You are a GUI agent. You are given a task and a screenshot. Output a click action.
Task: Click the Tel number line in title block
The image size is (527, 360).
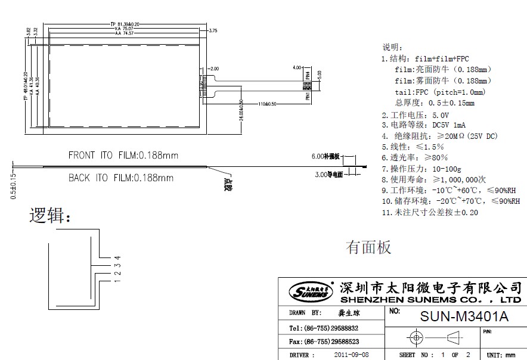pyautogui.click(x=324, y=328)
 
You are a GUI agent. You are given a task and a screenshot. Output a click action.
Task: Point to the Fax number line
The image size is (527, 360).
pyautogui.click(x=324, y=342)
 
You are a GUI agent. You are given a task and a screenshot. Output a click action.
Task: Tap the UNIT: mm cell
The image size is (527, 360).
pyautogui.click(x=505, y=355)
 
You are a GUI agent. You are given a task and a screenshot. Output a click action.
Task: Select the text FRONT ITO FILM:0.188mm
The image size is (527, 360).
pyautogui.click(x=123, y=156)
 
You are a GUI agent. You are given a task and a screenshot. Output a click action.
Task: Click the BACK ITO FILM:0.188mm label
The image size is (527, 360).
pyautogui.click(x=120, y=178)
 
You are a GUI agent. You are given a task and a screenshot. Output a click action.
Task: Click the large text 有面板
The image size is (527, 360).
pyautogui.click(x=368, y=247)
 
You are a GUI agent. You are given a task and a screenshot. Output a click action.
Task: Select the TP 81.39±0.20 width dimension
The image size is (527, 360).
pyautogui.click(x=125, y=24)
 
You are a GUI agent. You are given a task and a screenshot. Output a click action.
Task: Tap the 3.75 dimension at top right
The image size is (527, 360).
pyautogui.click(x=213, y=30)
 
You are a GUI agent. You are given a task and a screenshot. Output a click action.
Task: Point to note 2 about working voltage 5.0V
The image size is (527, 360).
pyautogui.click(x=416, y=114)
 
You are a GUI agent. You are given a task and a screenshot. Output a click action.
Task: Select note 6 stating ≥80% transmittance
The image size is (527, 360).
pyautogui.click(x=414, y=157)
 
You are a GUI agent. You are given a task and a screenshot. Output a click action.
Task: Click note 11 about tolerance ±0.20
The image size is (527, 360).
pyautogui.click(x=429, y=212)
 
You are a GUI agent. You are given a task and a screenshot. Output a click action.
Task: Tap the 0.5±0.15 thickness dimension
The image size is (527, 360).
pyautogui.click(x=13, y=185)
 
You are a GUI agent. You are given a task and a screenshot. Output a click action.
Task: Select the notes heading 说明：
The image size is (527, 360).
pyautogui.click(x=393, y=47)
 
